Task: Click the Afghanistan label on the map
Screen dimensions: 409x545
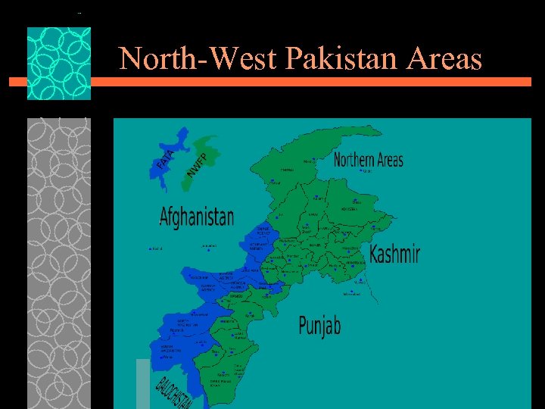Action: [x=197, y=217]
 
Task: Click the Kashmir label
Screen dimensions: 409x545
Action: [x=394, y=254]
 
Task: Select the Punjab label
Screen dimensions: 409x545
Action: [x=319, y=326]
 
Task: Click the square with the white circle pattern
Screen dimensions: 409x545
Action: [x=59, y=64]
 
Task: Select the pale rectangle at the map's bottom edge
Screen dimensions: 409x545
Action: [x=143, y=383]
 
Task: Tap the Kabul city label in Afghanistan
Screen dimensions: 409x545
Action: [x=157, y=248]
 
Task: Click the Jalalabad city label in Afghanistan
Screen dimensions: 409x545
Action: [x=209, y=246]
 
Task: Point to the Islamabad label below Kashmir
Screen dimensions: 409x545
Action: [x=352, y=294]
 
